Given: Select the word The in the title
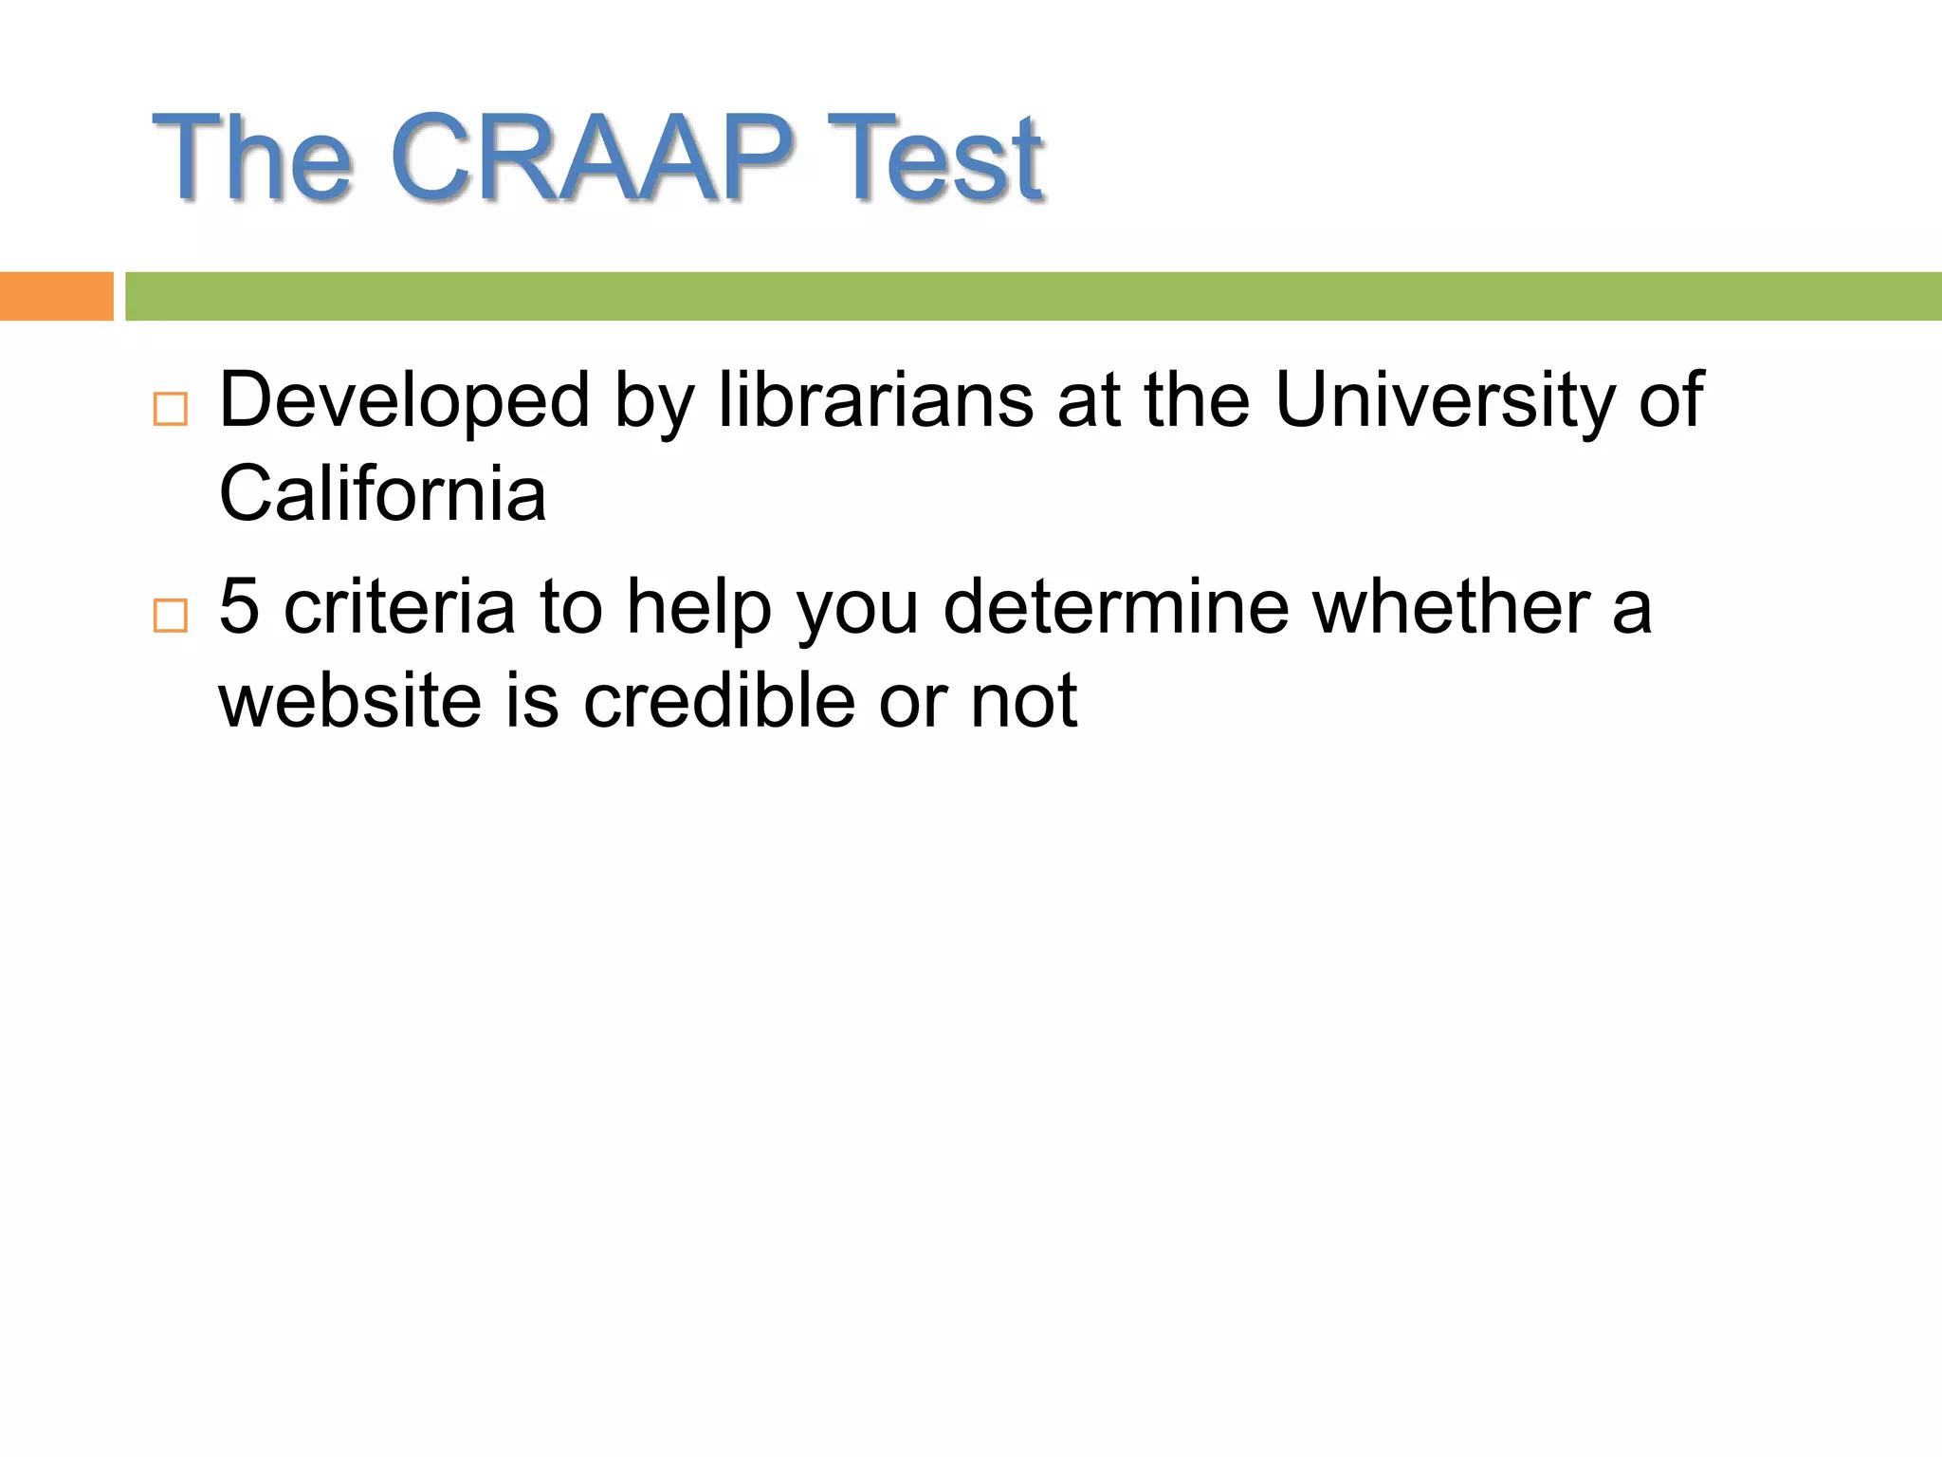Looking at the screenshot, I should tap(252, 157).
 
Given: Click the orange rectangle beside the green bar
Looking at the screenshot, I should tap(56, 296).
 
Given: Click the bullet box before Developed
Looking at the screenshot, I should tap(171, 409).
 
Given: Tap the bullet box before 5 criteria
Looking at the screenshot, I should tap(171, 616).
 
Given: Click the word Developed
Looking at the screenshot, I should tap(405, 400).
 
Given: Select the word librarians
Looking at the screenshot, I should tap(875, 400).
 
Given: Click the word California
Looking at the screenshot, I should tap(382, 493).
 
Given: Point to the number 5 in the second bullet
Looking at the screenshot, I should tap(239, 607).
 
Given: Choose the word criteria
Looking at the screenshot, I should tap(399, 607).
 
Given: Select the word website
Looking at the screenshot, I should tap(350, 700).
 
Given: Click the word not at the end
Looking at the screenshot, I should tap(1023, 700).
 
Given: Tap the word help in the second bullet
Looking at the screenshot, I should tap(699, 607).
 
